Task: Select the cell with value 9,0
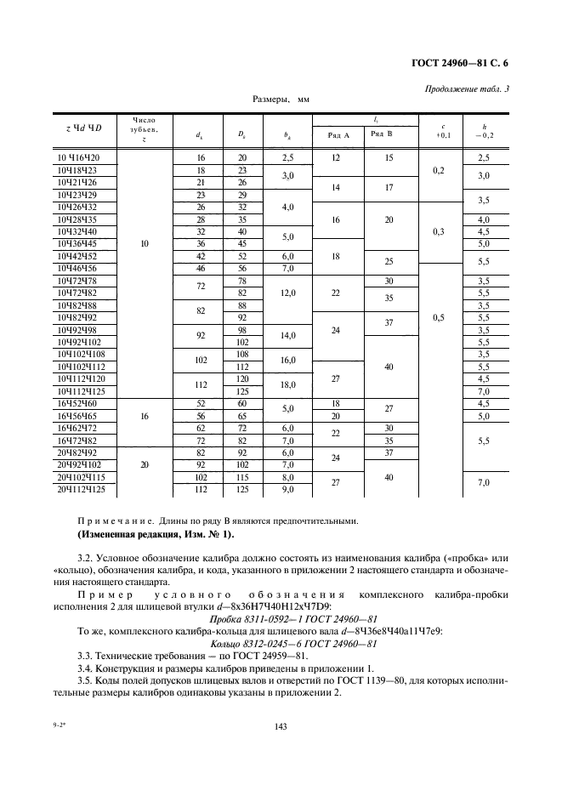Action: (x=287, y=489)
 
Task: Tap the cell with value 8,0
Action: (x=287, y=477)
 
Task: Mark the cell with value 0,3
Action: (x=439, y=231)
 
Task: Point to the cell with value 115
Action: (x=241, y=477)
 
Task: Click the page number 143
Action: (x=280, y=725)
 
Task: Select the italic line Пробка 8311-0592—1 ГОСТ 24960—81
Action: (x=281, y=620)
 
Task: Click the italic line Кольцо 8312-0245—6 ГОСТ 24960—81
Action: (x=281, y=644)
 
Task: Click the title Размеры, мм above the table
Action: (x=281, y=99)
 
